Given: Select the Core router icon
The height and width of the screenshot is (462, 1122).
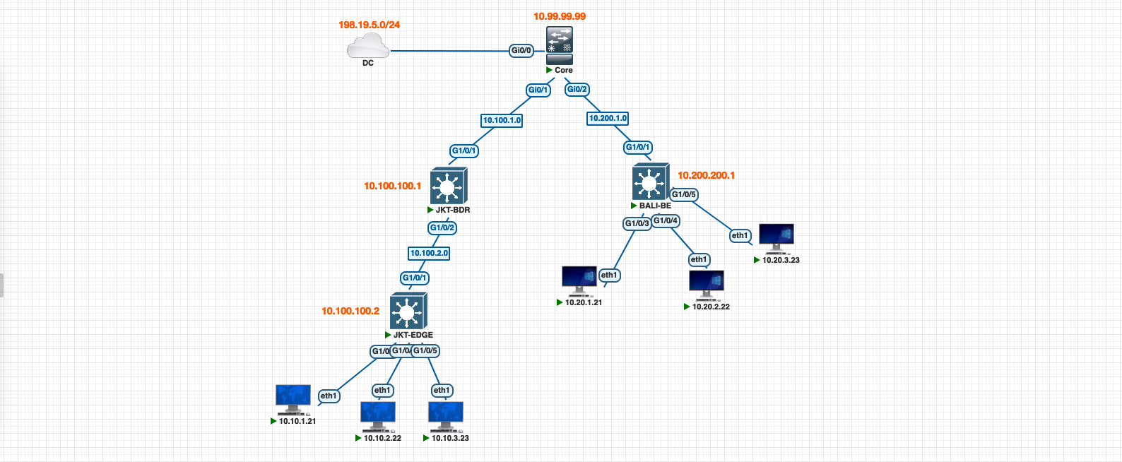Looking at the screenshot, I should [x=560, y=46].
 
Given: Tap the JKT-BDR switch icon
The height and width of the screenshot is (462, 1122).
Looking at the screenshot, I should [x=448, y=186].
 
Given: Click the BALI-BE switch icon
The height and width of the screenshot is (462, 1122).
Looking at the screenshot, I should [x=650, y=183].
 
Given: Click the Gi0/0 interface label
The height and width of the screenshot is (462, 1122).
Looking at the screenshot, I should [x=521, y=51].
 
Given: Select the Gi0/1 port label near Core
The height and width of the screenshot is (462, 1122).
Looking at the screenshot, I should [x=538, y=90].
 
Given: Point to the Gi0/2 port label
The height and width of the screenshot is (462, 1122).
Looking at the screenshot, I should [x=577, y=89].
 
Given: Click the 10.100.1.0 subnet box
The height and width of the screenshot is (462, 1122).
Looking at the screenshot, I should [x=502, y=120].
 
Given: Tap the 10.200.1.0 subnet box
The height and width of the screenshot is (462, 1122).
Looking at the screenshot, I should [x=608, y=119].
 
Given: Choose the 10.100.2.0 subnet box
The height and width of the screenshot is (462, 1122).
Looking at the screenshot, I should [x=429, y=253].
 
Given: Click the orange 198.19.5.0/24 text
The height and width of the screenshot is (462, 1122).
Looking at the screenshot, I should [x=369, y=25].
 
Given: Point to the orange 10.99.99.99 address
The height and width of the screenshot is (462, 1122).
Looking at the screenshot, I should [x=559, y=16].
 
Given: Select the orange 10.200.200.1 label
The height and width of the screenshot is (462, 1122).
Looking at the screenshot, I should [x=706, y=175].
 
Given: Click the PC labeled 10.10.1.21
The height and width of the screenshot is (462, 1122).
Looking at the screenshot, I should [x=293, y=399].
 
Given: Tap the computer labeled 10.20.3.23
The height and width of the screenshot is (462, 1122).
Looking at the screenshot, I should [x=776, y=238].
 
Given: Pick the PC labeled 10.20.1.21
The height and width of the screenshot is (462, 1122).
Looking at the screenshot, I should [x=579, y=280].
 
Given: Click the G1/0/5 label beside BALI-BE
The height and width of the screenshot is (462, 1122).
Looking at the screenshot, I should [x=684, y=194].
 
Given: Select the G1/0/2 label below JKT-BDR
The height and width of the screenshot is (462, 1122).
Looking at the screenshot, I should [x=442, y=227].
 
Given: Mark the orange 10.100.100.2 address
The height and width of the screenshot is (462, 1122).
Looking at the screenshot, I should [x=350, y=311].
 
